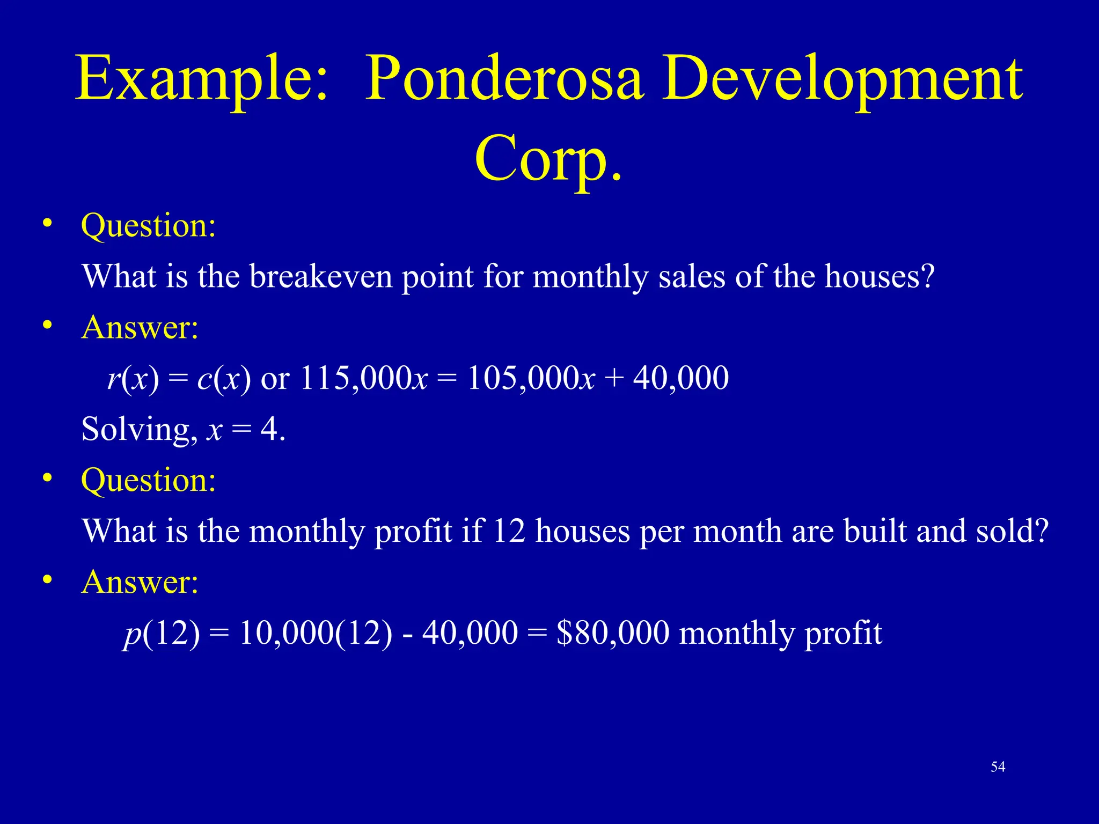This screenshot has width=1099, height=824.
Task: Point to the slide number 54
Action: (x=998, y=767)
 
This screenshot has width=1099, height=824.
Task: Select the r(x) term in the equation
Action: (x=133, y=378)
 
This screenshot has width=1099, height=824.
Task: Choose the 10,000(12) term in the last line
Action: (x=316, y=633)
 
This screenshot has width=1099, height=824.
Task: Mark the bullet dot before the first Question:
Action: (x=48, y=223)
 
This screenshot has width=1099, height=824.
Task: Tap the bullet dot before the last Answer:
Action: (x=48, y=580)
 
